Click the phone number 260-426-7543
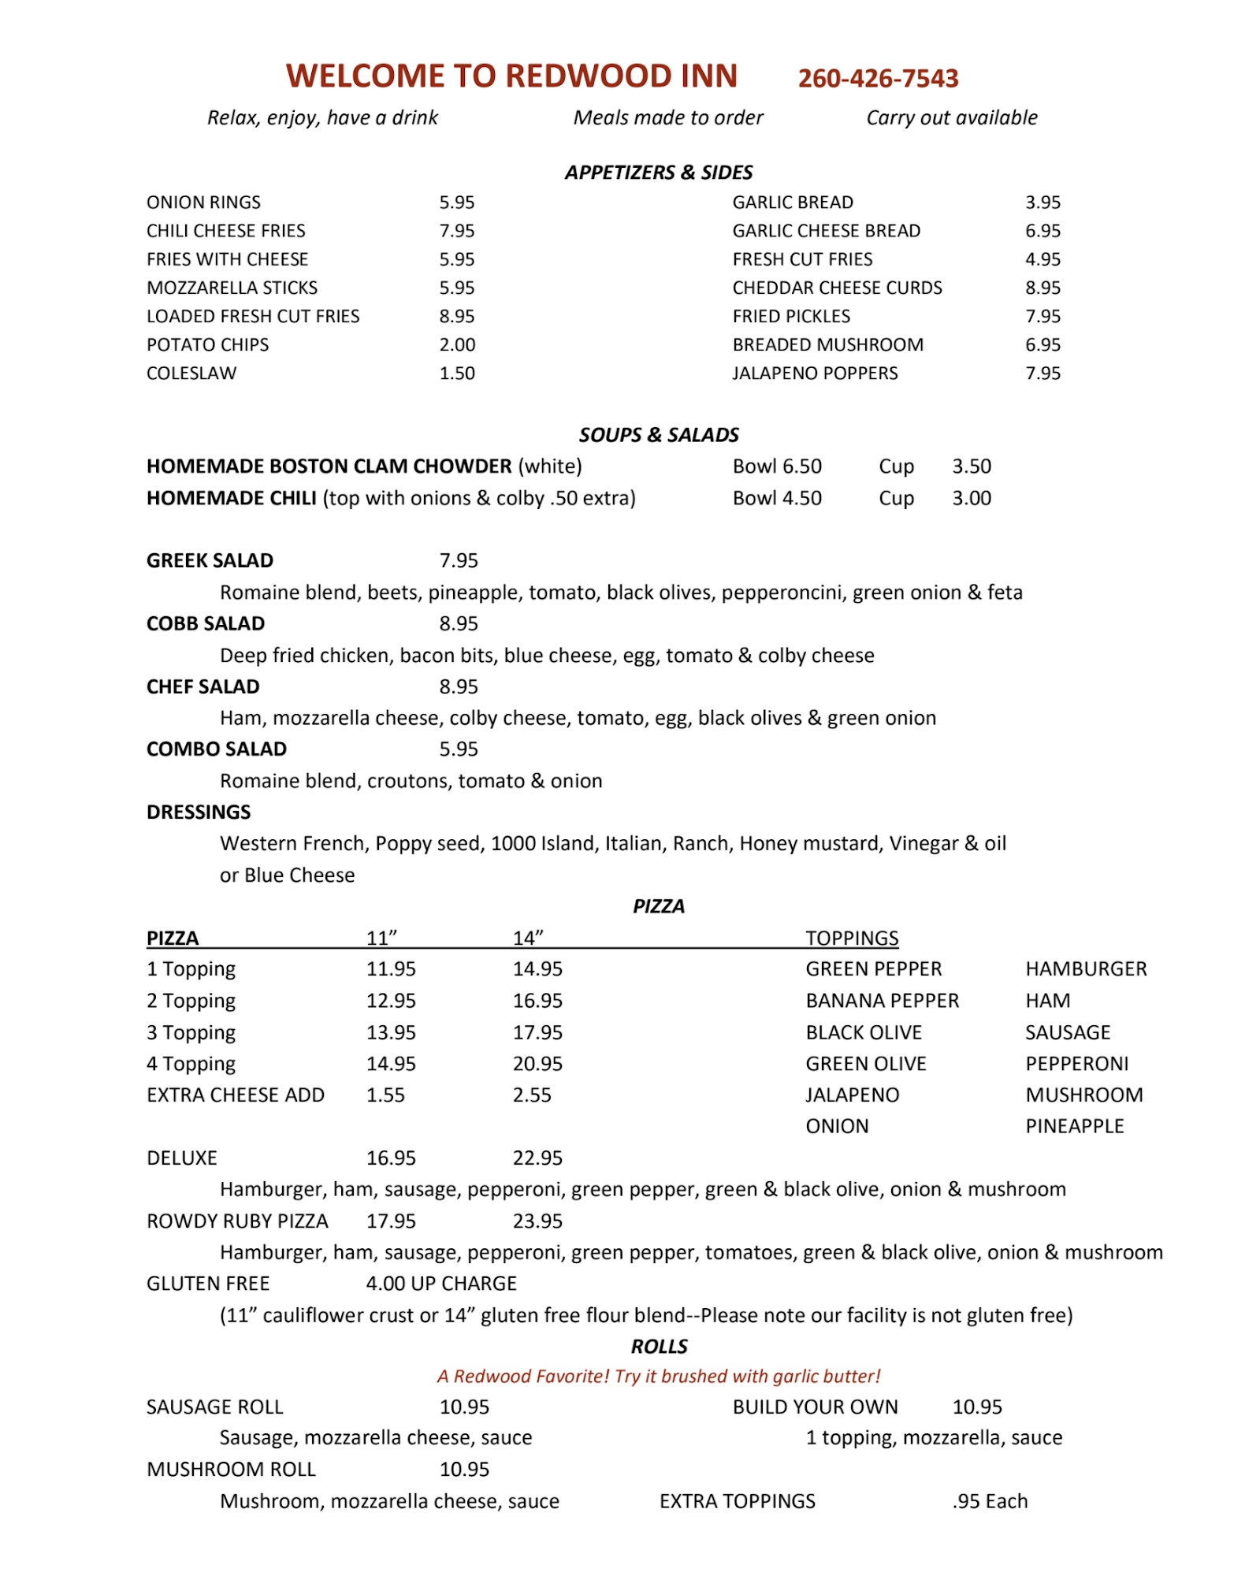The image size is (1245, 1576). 878,78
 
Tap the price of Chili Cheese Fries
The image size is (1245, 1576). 457,231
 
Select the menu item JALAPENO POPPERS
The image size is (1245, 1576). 815,373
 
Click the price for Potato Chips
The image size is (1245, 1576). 457,344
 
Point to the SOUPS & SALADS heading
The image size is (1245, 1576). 659,435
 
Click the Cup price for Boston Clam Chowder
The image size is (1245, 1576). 972,466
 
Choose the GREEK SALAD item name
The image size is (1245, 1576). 210,560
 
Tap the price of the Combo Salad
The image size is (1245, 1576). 459,749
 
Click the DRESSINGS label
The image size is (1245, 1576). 199,812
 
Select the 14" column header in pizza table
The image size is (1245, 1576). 528,938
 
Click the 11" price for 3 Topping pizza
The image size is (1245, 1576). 391,1032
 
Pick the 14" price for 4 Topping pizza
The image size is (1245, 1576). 537,1064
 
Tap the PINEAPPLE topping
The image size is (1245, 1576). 1075,1126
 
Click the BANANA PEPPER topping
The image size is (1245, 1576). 882,1001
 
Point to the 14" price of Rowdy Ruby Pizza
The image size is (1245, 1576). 537,1221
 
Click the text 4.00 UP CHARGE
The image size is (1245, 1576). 441,1284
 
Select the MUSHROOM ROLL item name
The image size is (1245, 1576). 231,1469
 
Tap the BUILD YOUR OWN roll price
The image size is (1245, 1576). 977,1407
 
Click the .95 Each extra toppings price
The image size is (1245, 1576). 990,1501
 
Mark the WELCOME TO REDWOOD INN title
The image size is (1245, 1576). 511,76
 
